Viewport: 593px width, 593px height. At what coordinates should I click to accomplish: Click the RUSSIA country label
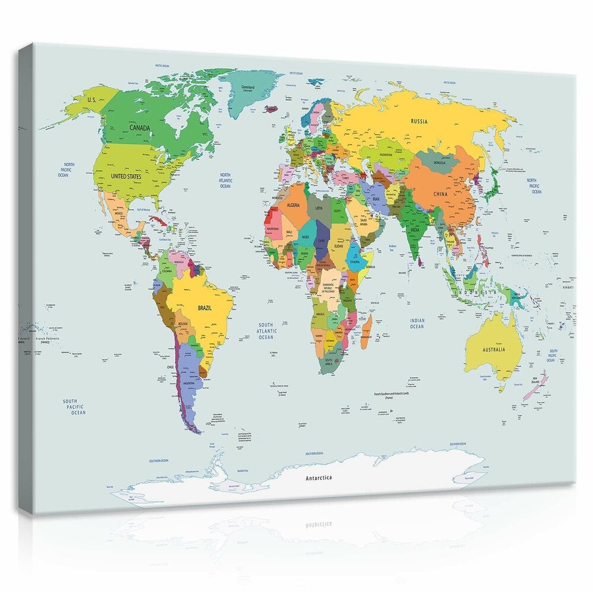[419, 122]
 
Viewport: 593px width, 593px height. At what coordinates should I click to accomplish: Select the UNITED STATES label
[126, 176]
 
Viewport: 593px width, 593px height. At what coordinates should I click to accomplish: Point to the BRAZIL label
[205, 308]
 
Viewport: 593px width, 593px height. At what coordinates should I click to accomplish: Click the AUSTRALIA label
[493, 350]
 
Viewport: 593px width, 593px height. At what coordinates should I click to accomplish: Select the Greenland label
[248, 87]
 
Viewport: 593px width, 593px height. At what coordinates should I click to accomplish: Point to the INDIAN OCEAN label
[417, 323]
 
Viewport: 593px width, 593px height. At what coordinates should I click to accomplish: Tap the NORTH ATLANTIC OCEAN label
[225, 180]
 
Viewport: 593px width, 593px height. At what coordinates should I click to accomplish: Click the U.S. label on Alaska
[91, 100]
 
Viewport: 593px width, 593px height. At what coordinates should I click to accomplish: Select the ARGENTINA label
[191, 384]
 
